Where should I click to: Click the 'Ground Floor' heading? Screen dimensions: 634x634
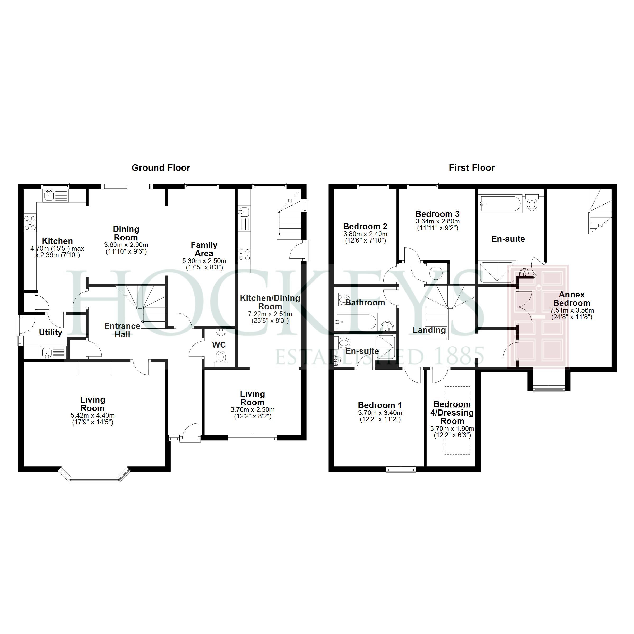(161, 168)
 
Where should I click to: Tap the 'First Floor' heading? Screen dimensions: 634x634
(472, 168)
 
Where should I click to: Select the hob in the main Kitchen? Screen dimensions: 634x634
(30, 223)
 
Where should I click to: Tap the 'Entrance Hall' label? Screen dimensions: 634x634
(122, 330)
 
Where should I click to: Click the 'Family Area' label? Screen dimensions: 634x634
(204, 249)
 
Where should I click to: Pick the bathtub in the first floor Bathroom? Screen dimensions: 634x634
(356, 321)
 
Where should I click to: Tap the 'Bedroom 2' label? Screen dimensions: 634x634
(365, 226)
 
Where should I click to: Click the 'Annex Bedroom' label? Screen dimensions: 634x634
(572, 299)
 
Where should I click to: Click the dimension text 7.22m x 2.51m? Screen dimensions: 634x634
(270, 314)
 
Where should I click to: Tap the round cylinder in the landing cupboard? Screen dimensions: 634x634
(436, 273)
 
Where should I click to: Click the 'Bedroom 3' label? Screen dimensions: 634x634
(437, 214)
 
